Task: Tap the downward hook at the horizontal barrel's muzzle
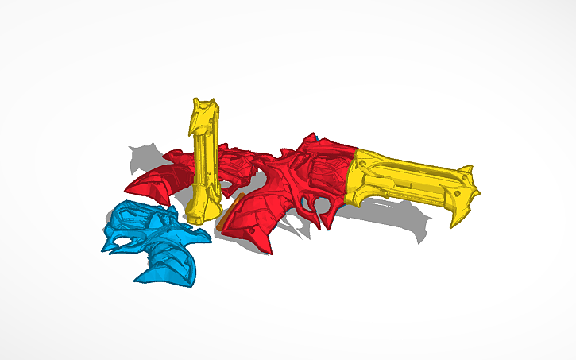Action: (457, 219)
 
